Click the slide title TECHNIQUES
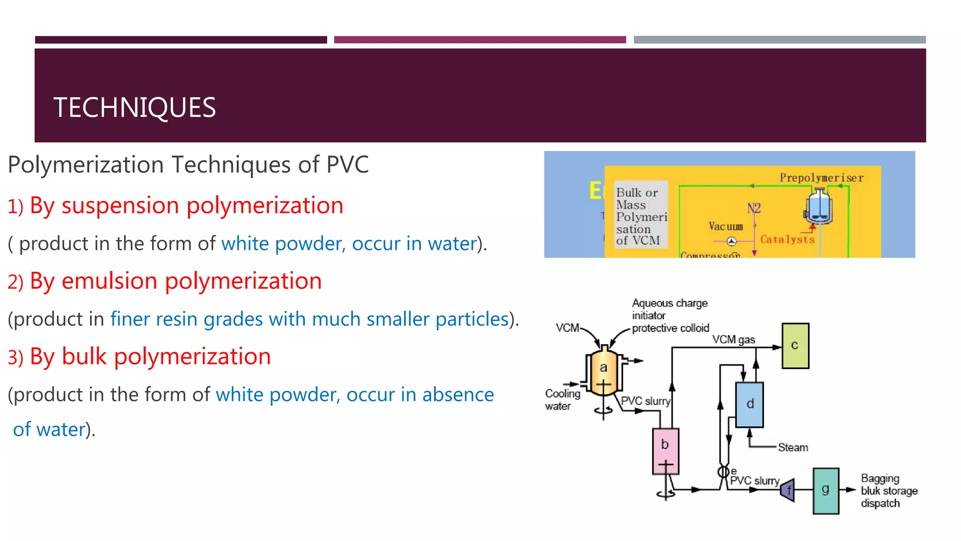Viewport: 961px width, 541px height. [x=135, y=108]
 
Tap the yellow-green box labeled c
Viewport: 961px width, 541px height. [x=795, y=346]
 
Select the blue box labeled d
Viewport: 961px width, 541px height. [x=749, y=404]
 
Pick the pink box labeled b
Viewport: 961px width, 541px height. [x=665, y=450]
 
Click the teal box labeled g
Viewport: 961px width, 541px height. [x=826, y=490]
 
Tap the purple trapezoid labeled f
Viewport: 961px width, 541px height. [x=788, y=491]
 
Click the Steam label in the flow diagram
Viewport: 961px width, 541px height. [x=793, y=448]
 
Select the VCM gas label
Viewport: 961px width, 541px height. [x=733, y=340]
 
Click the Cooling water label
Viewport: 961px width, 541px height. [x=562, y=400]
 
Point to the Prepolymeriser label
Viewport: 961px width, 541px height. [x=821, y=178]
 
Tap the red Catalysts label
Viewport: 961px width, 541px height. [x=787, y=240]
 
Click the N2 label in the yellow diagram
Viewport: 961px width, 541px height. [x=754, y=208]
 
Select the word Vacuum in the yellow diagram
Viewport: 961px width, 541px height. [x=725, y=227]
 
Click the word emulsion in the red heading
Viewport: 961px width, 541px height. [x=110, y=281]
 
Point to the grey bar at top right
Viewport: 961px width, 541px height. [x=779, y=40]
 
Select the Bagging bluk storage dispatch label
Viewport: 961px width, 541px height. [x=889, y=491]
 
